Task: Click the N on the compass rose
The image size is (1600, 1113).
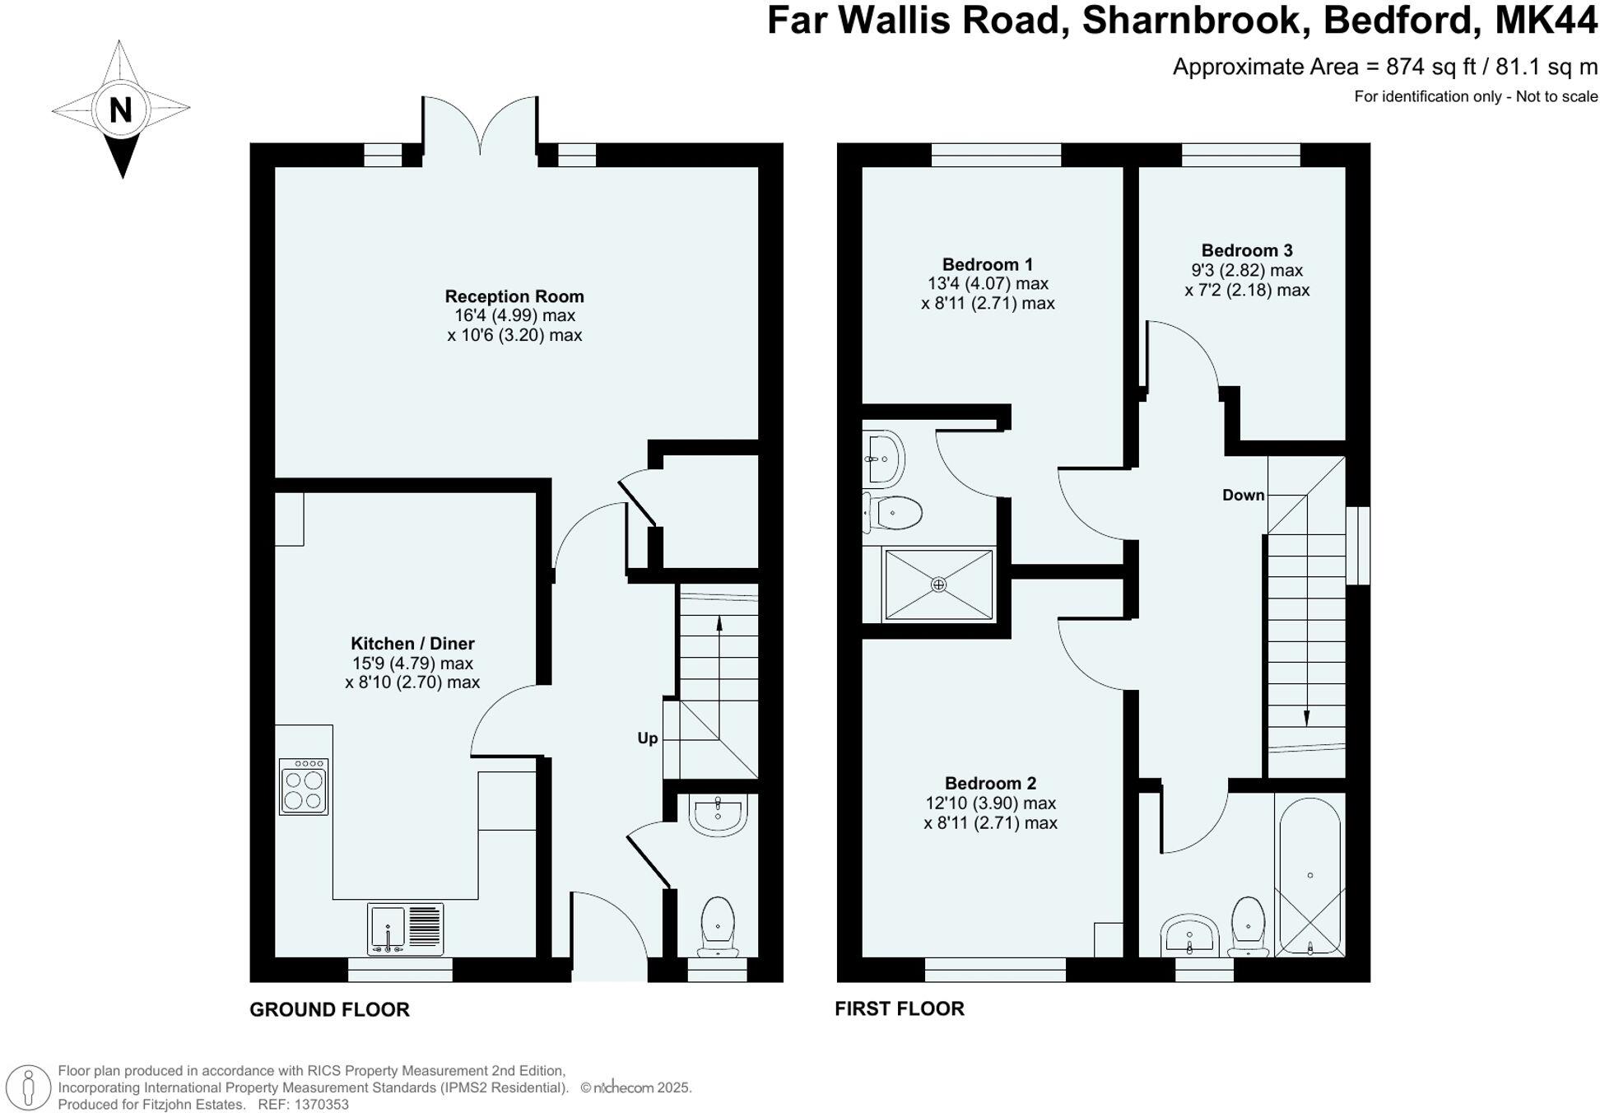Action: (121, 109)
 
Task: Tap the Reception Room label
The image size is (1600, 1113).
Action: (514, 296)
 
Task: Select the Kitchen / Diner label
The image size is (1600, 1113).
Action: (412, 644)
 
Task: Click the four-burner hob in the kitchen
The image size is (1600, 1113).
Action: (304, 787)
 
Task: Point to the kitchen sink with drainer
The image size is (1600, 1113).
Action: (405, 929)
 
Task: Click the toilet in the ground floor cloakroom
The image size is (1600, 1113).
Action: (718, 926)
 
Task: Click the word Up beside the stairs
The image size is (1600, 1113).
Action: (648, 738)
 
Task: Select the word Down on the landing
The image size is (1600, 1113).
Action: (1243, 495)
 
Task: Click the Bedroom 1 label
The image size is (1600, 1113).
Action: (987, 264)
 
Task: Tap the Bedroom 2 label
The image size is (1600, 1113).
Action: (990, 783)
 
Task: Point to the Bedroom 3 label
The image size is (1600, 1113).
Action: (1247, 250)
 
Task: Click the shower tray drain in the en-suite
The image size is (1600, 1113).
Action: (938, 584)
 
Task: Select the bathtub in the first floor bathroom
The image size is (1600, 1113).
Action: (1309, 875)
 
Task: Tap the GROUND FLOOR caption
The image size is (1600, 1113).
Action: (329, 1009)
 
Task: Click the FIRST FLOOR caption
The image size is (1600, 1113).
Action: (899, 1008)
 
